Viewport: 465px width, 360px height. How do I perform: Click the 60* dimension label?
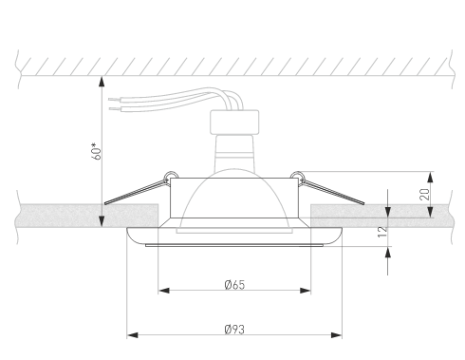[x=97, y=151]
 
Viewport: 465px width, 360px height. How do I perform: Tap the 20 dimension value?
[x=425, y=194]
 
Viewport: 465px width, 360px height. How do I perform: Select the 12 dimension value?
[x=382, y=232]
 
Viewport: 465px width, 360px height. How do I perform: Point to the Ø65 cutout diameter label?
[x=234, y=285]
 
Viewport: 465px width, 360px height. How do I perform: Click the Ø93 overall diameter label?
[x=234, y=330]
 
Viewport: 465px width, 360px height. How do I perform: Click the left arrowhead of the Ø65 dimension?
[x=164, y=291]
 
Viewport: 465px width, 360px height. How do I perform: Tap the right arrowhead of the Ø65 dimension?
[x=306, y=291]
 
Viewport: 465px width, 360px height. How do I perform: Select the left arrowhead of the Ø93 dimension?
[x=133, y=335]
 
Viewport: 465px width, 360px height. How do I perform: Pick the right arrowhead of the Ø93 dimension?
[x=336, y=335]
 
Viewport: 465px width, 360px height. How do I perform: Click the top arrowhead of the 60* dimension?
[x=102, y=82]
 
